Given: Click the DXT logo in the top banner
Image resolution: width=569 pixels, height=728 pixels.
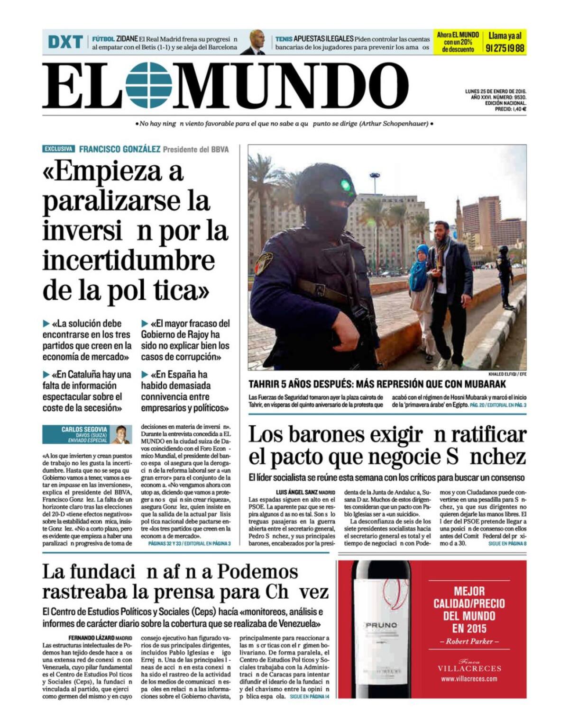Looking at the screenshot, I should (65, 42).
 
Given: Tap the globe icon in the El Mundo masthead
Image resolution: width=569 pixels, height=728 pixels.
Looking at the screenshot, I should (149, 85).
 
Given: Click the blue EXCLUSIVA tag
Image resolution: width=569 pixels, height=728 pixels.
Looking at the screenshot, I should (58, 149).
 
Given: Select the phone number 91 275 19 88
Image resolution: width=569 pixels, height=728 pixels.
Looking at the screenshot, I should (505, 48).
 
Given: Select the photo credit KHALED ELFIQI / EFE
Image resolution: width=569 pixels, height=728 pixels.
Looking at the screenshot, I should (507, 374).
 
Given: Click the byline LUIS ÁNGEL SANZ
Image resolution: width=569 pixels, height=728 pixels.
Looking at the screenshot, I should (297, 493).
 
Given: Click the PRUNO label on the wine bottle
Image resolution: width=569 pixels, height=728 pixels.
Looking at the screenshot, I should (382, 625).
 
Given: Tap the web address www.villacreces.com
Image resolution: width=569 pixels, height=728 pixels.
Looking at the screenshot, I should (469, 679).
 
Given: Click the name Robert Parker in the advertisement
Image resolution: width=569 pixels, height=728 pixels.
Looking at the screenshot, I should (469, 641).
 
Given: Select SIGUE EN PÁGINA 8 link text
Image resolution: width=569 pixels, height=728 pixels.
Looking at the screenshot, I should (507, 543).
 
